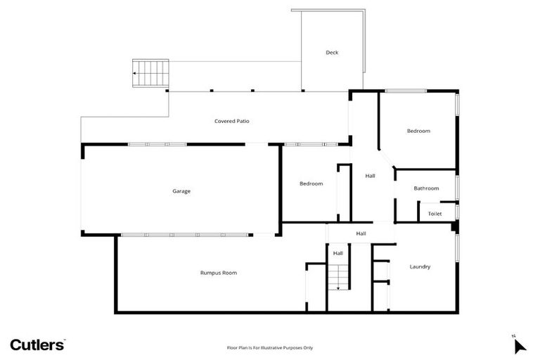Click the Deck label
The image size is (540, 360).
(332, 53)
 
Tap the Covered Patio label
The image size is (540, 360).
(231, 121)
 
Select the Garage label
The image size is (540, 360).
(181, 191)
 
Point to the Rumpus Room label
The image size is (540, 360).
(219, 272)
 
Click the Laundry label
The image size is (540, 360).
(420, 266)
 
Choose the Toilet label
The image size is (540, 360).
(435, 213)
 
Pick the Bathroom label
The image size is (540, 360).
(426, 188)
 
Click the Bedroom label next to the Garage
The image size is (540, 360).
(311, 184)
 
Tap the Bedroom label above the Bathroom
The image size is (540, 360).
(418, 131)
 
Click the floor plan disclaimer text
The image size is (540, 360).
(269, 347)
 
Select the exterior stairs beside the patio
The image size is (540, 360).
(151, 72)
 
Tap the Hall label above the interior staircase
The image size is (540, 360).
(337, 253)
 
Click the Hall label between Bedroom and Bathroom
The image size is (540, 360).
(370, 176)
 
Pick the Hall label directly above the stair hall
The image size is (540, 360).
(361, 233)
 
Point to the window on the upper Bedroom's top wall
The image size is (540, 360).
(406, 91)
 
